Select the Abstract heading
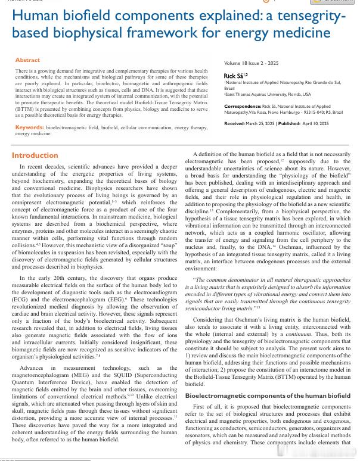(x=27, y=60)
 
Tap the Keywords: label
(x=29, y=127)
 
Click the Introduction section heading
(x=35, y=155)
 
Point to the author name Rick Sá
(x=232, y=76)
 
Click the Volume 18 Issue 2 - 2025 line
(x=251, y=63)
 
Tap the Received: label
(x=234, y=123)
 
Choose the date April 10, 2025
(x=316, y=123)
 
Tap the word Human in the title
(x=36, y=15)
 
